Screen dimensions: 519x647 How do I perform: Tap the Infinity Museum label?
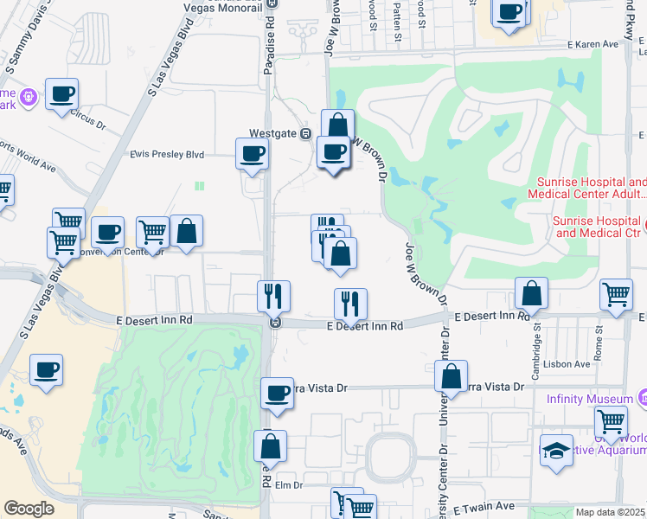pyautogui.click(x=590, y=399)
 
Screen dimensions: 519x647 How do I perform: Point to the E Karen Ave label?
pyautogui.click(x=593, y=44)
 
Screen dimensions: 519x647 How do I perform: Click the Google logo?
pyautogui.click(x=29, y=509)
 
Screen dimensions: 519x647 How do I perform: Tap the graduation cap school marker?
pyautogui.click(x=557, y=451)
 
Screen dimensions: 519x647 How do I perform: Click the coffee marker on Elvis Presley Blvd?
pyautogui.click(x=252, y=153)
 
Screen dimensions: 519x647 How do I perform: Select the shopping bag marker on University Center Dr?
pyautogui.click(x=451, y=375)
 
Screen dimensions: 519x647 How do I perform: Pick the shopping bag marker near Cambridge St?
pyautogui.click(x=531, y=293)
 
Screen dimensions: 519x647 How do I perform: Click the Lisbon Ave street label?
pyautogui.click(x=569, y=364)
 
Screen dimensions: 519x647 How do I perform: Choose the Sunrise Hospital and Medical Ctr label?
pyautogui.click(x=599, y=227)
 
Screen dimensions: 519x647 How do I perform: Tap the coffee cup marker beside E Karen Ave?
pyautogui.click(x=510, y=13)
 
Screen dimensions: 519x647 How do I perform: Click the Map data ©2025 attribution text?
pyautogui.click(x=611, y=512)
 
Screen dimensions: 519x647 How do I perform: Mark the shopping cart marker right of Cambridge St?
pyautogui.click(x=616, y=293)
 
